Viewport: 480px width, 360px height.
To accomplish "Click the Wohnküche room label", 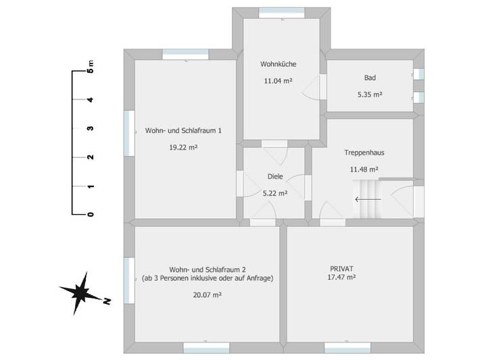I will click(x=279, y=65).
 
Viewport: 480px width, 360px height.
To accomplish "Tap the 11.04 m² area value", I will click(x=278, y=81).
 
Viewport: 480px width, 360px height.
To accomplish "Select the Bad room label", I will click(x=370, y=78).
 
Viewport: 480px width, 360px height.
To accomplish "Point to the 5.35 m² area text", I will click(x=370, y=95).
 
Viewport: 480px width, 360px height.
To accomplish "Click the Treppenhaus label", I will click(x=364, y=153).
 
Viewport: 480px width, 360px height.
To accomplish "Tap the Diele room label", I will click(x=275, y=176).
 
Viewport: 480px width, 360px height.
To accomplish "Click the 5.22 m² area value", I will click(x=275, y=192).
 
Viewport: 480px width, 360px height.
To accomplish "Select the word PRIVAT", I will click(x=341, y=267).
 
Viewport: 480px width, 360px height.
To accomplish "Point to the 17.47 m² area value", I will click(x=342, y=277).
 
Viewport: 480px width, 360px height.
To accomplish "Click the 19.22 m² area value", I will click(x=183, y=147).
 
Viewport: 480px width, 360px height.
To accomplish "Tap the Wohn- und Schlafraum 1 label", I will click(x=183, y=130).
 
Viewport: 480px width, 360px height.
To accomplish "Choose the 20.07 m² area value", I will click(x=208, y=294).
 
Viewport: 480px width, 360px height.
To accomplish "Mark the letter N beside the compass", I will click(x=106, y=302).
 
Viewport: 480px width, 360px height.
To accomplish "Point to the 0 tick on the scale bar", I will click(x=90, y=214).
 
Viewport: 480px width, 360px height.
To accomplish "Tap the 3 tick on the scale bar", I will click(x=90, y=128).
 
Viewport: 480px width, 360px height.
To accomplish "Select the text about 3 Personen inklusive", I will click(x=208, y=278).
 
